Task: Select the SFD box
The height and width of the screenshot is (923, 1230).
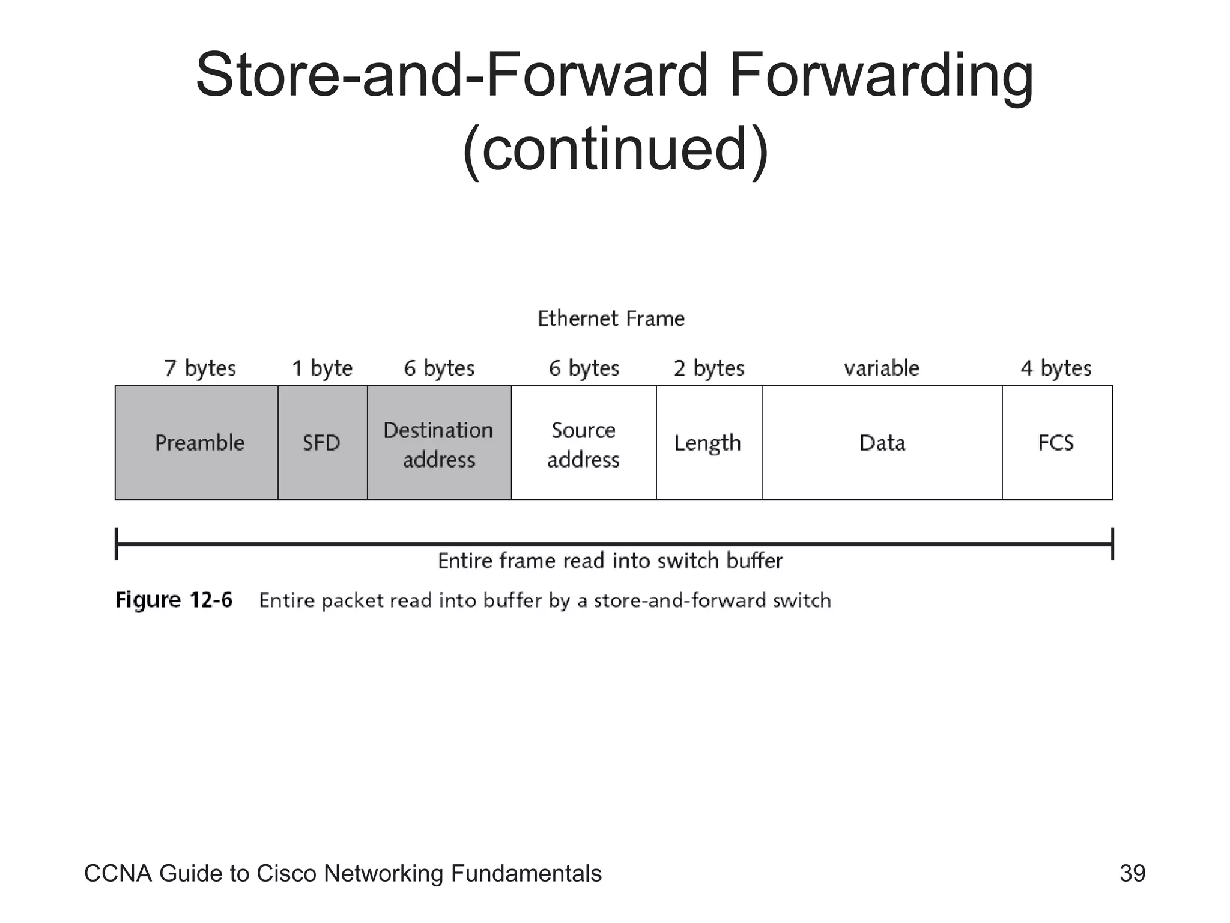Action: [322, 443]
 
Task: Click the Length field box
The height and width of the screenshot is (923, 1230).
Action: [708, 443]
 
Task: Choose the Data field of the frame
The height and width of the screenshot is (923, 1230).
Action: [882, 443]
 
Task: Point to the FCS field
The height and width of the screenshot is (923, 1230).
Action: [1056, 443]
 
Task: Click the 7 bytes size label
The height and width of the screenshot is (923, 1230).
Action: [200, 368]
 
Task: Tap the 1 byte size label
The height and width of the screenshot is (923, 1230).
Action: [322, 368]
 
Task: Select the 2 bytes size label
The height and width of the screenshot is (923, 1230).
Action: [709, 368]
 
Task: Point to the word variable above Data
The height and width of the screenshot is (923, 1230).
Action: [881, 368]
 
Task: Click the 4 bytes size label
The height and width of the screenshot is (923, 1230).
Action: [1056, 368]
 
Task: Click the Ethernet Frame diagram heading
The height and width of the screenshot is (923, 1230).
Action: [611, 318]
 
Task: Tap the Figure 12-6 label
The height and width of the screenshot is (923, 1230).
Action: [174, 600]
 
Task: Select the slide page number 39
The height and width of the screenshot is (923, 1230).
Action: [1132, 873]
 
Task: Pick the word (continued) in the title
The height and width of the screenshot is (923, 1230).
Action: [615, 149]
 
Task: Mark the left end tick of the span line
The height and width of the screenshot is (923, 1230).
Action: [117, 544]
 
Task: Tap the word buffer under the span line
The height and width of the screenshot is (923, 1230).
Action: [754, 561]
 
